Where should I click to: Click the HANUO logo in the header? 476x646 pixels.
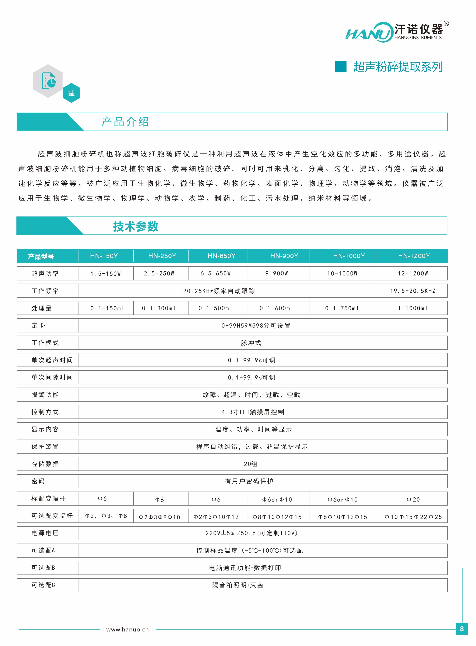[393, 32]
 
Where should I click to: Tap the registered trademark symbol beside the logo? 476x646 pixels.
[446, 24]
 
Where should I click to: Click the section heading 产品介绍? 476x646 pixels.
[125, 122]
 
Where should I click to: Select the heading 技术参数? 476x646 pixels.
[135, 226]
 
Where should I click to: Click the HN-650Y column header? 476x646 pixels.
[221, 256]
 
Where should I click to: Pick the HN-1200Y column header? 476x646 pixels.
[414, 256]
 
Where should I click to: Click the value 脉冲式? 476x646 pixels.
[251, 343]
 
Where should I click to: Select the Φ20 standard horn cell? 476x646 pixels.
[413, 500]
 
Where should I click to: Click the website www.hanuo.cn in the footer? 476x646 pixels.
[127, 629]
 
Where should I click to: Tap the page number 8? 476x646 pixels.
[462, 629]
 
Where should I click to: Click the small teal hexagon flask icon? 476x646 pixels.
[71, 93]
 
